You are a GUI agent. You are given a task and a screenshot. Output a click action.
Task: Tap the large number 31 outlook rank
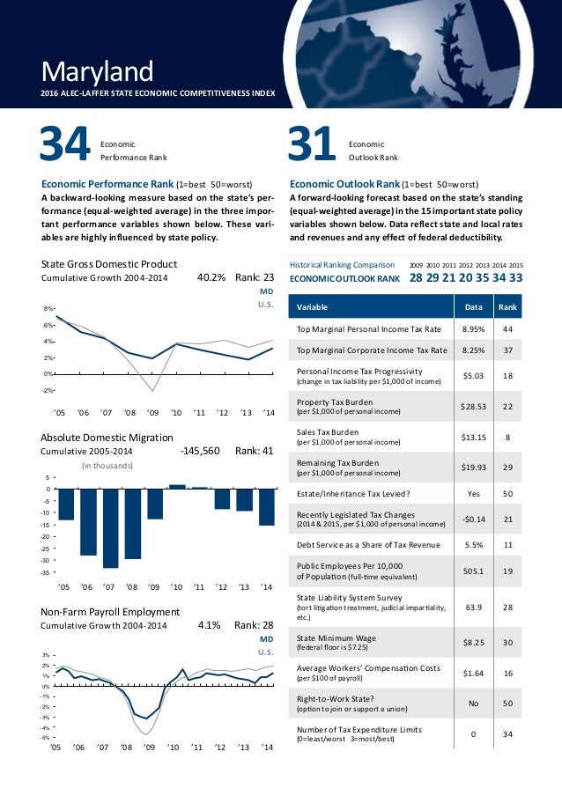tap(313, 146)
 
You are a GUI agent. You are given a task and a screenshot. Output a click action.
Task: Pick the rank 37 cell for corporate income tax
tap(507, 350)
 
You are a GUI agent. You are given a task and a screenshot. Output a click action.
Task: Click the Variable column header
tap(313, 307)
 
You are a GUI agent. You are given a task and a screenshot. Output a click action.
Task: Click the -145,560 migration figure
tap(200, 450)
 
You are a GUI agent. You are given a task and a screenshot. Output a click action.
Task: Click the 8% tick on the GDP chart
tap(48, 308)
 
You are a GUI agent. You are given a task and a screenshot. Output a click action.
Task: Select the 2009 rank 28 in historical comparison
tap(418, 277)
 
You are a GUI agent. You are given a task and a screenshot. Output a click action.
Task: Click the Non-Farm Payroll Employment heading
tap(110, 612)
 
